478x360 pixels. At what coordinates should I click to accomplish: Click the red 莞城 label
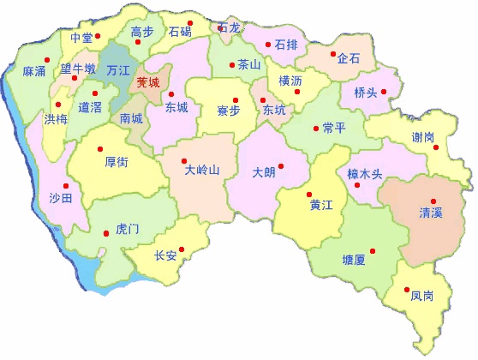pos(148,83)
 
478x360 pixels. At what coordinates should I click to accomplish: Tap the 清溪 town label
pos(431,212)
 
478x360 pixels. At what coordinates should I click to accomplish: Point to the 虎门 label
pos(127,229)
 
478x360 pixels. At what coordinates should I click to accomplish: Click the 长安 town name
pos(165,255)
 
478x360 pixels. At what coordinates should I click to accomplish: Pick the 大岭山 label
pos(202,170)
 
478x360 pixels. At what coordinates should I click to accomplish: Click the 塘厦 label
pos(353,259)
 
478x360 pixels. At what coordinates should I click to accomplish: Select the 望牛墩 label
pos(77,69)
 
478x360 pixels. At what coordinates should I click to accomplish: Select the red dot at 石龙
pos(222,28)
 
